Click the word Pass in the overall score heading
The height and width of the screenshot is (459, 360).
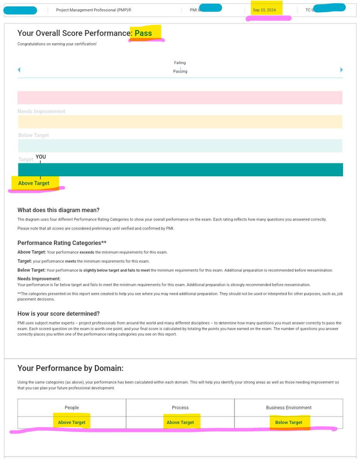(x=143, y=34)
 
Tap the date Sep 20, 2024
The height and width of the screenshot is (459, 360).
(x=264, y=10)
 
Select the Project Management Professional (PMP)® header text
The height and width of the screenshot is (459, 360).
(x=94, y=10)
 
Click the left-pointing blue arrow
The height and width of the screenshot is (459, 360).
(x=19, y=70)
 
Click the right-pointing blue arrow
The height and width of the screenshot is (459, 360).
(x=341, y=70)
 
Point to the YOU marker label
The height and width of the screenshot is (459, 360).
(x=41, y=157)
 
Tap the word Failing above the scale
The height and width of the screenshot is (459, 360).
(x=180, y=63)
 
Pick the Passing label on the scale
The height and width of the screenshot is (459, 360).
(x=180, y=71)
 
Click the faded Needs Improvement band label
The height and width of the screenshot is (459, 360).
(x=41, y=111)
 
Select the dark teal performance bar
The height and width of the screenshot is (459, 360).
(x=180, y=170)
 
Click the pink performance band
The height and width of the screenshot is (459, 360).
(x=180, y=98)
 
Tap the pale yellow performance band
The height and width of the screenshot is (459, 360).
(x=180, y=122)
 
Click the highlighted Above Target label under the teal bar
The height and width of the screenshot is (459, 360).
(x=34, y=183)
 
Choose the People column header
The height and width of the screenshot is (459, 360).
(x=72, y=408)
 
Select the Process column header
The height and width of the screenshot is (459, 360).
(x=180, y=408)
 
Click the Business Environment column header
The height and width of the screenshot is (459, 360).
(x=289, y=408)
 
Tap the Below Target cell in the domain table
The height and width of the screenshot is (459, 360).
(x=289, y=422)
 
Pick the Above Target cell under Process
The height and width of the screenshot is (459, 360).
(x=180, y=422)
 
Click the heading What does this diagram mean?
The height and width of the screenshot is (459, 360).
(x=59, y=210)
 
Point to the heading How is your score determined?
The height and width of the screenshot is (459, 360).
(x=59, y=314)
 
